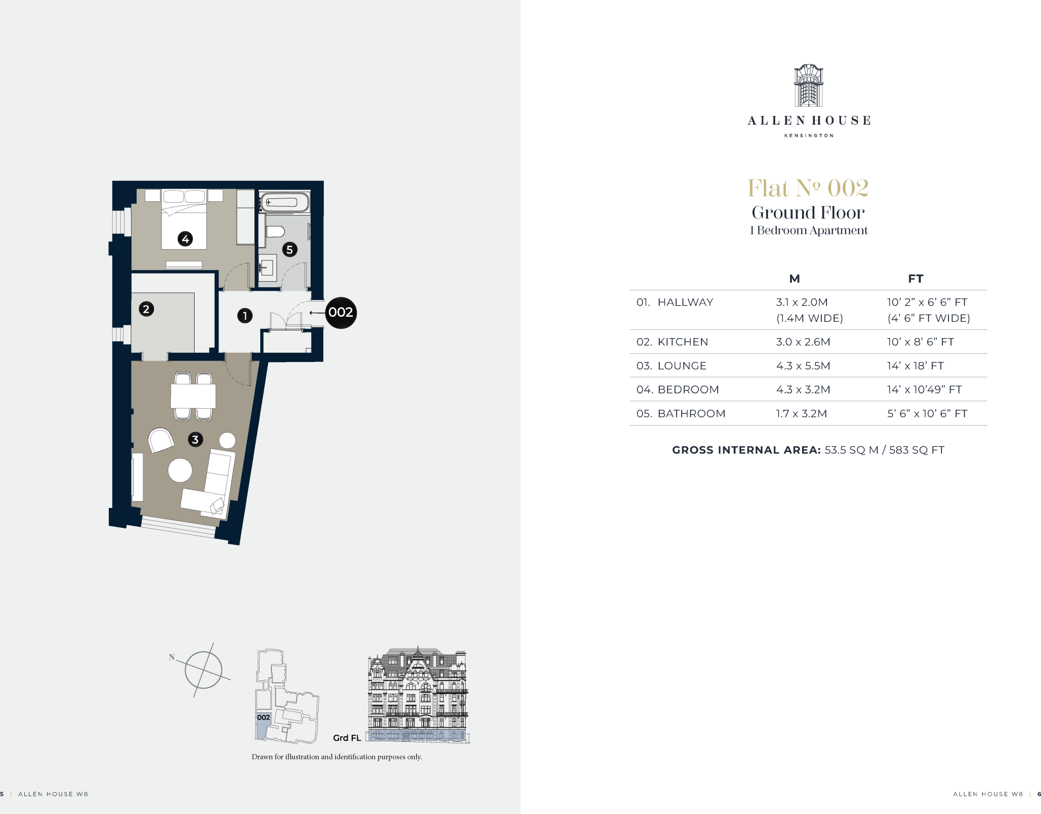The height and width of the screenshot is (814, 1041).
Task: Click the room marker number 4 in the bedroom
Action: pos(185,238)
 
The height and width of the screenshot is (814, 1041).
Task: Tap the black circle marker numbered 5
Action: pos(290,250)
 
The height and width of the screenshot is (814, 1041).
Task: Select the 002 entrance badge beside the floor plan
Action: pos(341,312)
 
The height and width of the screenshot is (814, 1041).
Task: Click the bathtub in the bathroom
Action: pos(284,202)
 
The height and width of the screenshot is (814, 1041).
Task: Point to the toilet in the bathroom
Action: pos(275,232)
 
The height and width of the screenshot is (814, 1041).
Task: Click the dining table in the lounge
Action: pos(193,396)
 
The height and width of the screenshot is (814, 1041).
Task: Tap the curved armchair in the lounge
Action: pos(161,440)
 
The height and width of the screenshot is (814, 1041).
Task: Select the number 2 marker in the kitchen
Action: pos(146,309)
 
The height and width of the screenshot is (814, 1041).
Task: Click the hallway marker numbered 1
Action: pos(245,316)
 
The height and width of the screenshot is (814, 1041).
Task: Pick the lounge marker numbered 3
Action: pos(195,439)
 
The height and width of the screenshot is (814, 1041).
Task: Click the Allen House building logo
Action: pos(809,85)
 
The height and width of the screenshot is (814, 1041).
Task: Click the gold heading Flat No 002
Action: pos(808,188)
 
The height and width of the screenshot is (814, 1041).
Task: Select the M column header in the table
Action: pos(794,279)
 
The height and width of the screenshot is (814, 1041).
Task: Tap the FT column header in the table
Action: pos(915,279)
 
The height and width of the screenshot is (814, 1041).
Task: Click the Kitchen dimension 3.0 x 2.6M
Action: pos(803,342)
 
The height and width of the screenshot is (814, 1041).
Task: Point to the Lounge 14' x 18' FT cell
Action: pos(915,366)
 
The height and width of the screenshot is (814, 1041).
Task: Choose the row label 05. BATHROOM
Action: pos(681,413)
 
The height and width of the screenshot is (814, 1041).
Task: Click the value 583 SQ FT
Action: pos(916,450)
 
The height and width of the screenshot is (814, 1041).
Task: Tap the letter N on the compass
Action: pos(172,657)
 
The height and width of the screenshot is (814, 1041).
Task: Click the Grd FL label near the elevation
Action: pos(347,738)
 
